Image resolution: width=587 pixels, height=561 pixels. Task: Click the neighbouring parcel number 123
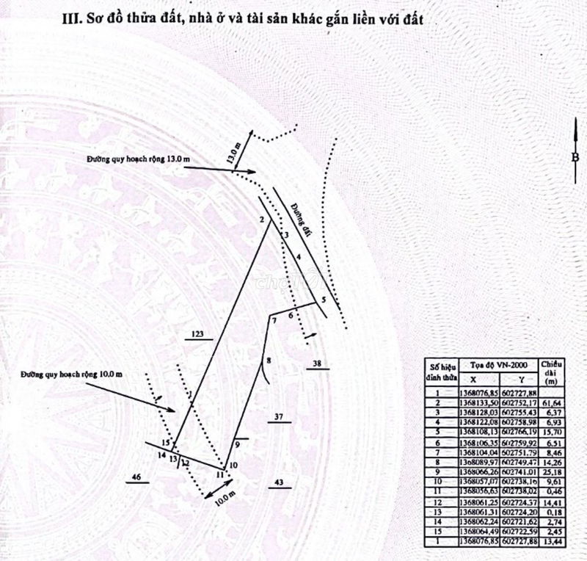196,334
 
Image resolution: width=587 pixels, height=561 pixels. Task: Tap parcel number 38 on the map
316,364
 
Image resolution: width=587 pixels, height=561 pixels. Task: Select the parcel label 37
279,417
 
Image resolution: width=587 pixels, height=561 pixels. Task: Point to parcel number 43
278,482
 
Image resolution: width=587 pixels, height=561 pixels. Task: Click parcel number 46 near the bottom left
135,478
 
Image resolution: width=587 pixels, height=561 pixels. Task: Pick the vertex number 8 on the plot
269,361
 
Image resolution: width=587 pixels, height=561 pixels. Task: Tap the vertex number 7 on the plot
274,322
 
